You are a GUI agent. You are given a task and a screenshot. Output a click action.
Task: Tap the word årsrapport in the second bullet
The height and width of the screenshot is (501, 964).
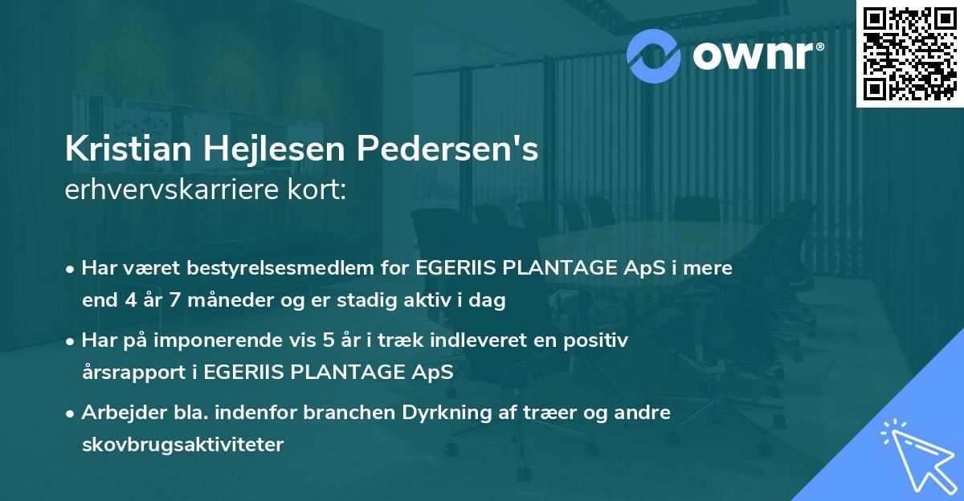129,373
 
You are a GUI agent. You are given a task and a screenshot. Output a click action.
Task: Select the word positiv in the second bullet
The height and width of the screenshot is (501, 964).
601,340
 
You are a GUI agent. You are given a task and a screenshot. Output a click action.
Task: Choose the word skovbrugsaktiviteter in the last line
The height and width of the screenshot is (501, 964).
182,444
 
